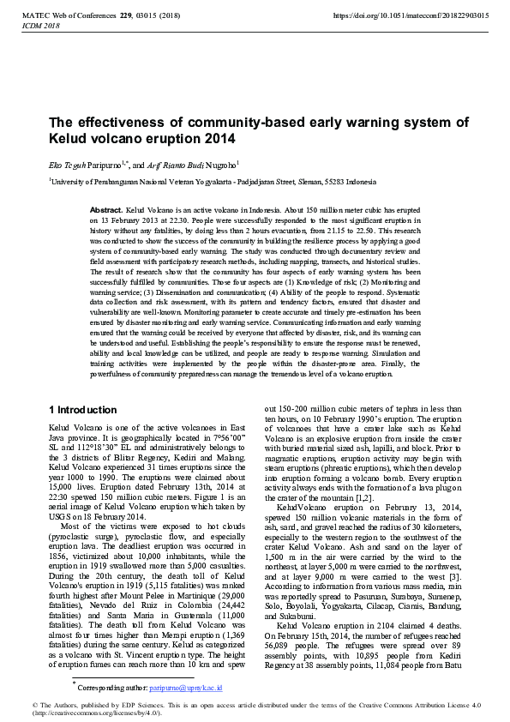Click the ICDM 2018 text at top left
[x=39, y=27]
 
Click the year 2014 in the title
[x=219, y=138]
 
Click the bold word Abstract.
[x=106, y=210]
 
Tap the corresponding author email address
[x=186, y=688]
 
